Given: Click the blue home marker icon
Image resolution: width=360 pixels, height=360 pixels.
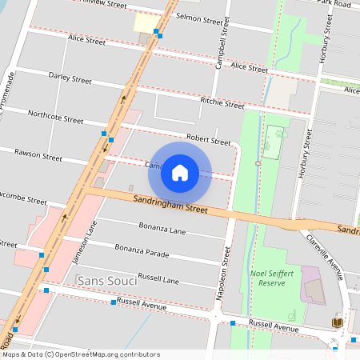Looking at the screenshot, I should click(180, 173).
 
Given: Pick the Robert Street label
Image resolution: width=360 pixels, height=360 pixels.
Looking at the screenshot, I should click(208, 139).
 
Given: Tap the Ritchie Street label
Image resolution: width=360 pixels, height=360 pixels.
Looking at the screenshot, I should click(222, 103).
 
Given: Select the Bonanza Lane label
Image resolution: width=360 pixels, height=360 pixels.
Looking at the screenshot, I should click(162, 229).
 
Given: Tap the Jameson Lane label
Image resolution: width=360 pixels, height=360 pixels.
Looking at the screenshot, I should click(78, 244).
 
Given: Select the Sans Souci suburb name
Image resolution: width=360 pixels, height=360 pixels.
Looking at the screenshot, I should click(106, 281).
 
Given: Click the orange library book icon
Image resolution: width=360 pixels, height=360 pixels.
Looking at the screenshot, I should click(338, 322).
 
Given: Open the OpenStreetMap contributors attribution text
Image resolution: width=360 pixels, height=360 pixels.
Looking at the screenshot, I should click(80, 354).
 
